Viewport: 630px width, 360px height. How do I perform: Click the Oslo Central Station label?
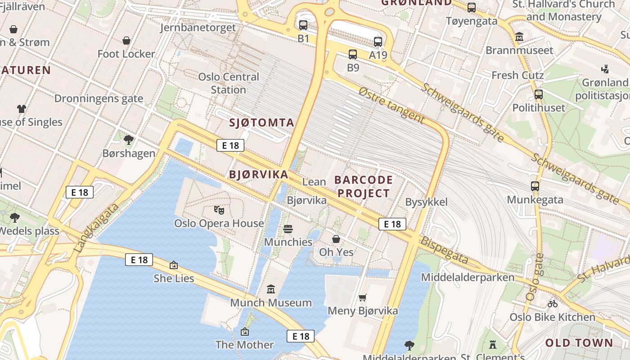click(x=229, y=83)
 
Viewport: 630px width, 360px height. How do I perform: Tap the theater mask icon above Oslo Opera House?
click(x=219, y=210)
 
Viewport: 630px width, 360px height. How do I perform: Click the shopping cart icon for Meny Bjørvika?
click(x=363, y=297)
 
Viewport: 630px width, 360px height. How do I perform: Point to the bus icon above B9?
click(x=353, y=54)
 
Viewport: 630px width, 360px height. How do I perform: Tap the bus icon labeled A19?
click(x=378, y=42)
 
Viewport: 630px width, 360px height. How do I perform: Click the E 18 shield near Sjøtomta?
click(x=230, y=145)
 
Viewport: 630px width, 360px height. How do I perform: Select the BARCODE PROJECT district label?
click(x=364, y=187)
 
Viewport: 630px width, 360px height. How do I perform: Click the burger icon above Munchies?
click(x=288, y=229)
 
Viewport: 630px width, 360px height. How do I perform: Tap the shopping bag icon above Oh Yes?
click(x=336, y=239)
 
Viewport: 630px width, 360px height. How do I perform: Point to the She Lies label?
click(x=174, y=279)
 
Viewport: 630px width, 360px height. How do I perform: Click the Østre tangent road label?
click(x=391, y=105)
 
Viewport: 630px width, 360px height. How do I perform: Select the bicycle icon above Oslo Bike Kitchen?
click(x=553, y=304)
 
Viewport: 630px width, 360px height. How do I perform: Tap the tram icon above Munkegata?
click(x=535, y=186)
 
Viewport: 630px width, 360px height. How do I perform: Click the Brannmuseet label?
click(x=519, y=50)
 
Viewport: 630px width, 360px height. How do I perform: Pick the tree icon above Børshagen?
click(x=129, y=140)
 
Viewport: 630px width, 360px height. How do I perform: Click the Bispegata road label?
click(x=444, y=250)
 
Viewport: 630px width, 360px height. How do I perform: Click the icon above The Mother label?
click(x=245, y=332)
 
